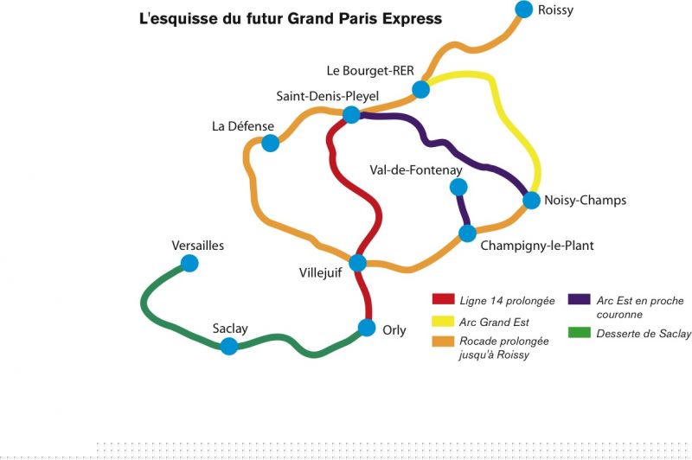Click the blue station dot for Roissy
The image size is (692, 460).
[x=523, y=10]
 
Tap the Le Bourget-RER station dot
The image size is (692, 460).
[x=421, y=89]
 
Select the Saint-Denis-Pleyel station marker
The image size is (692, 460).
[x=352, y=115]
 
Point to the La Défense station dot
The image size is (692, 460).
[x=271, y=143]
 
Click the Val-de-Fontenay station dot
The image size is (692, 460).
[x=458, y=187]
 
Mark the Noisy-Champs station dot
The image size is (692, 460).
[x=532, y=201]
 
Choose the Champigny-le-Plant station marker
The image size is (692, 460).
[x=467, y=233]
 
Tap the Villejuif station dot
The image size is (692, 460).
[x=357, y=263]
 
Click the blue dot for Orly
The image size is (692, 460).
[x=367, y=329]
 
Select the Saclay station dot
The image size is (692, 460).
[x=229, y=347]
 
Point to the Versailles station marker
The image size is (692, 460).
[x=190, y=263]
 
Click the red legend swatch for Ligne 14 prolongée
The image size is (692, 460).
[x=444, y=301]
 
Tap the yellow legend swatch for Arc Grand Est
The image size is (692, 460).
[x=444, y=322]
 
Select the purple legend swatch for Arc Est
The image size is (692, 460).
[x=579, y=301]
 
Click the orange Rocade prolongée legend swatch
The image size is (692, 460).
[x=444, y=342]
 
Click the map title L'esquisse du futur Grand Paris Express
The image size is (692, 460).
[x=291, y=18]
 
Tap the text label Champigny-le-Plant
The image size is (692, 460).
[x=537, y=246]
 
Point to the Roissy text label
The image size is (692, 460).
[x=555, y=10]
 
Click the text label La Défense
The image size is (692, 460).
[x=242, y=126]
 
